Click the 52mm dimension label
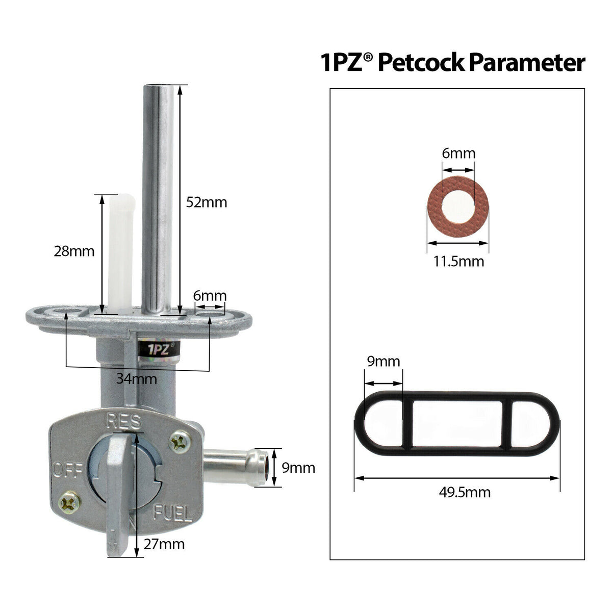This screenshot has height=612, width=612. tap(207, 202)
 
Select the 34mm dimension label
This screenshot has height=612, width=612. tap(137, 379)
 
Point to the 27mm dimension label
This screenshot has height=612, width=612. tap(164, 544)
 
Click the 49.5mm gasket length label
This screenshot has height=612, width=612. tap(465, 493)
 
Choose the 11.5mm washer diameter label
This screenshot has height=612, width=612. tap(458, 262)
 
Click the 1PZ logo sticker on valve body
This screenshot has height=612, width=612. tap(157, 351)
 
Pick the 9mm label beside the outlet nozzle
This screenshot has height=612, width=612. tap(298, 468)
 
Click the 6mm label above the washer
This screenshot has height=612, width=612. tap(458, 153)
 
